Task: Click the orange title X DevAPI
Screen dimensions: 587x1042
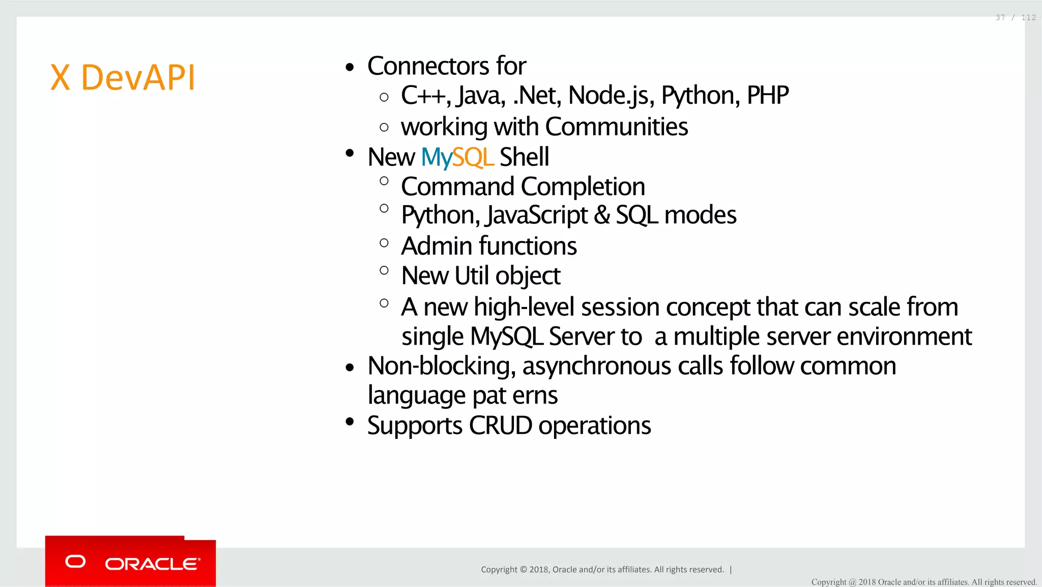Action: [x=123, y=78]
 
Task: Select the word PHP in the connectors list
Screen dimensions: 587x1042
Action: [x=767, y=95]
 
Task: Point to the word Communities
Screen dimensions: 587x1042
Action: [x=616, y=127]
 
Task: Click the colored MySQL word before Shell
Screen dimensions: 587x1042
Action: [x=457, y=157]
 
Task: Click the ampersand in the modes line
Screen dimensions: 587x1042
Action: [x=601, y=215]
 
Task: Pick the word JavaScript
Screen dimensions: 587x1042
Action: [x=537, y=215]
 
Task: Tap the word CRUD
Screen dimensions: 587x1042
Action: [x=500, y=425]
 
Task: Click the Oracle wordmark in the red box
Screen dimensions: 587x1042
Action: [x=152, y=564]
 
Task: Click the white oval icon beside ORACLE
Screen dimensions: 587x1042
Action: [x=75, y=562]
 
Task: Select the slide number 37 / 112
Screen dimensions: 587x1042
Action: [x=1015, y=18]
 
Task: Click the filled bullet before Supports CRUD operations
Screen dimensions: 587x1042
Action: [x=349, y=422]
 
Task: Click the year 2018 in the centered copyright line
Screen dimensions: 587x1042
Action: [x=538, y=570]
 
